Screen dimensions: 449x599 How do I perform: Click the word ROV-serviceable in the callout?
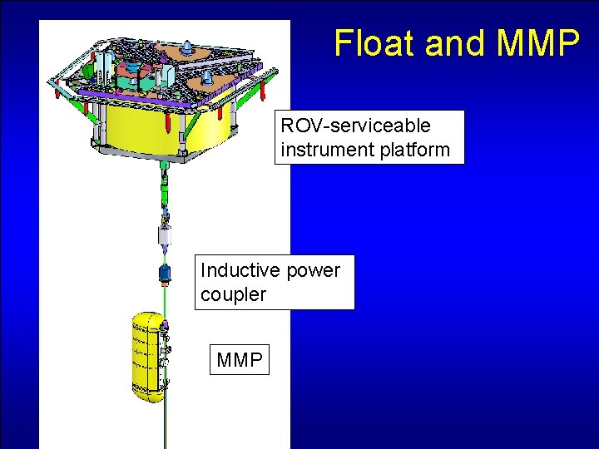click(x=356, y=126)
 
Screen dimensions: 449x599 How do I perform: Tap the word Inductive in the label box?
click(x=240, y=270)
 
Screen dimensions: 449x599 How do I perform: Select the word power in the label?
click(x=313, y=270)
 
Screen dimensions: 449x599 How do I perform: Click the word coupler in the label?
click(x=233, y=294)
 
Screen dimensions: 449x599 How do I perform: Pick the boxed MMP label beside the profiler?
click(x=240, y=360)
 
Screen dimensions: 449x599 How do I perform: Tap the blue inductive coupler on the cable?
click(x=165, y=272)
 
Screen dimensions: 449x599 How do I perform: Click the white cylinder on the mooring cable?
click(x=166, y=240)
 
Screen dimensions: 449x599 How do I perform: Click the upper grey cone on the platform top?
click(x=188, y=48)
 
